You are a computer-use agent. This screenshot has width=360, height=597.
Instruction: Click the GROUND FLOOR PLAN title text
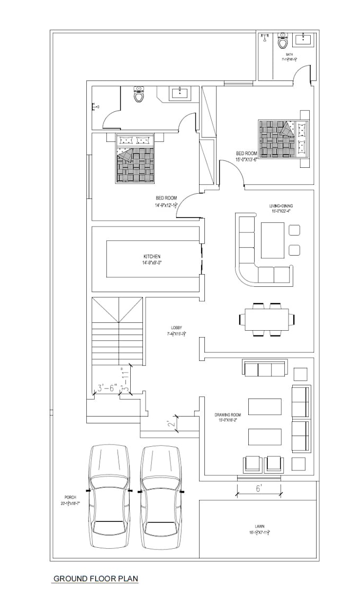click(x=96, y=578)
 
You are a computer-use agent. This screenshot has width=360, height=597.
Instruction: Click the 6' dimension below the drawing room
click(x=258, y=490)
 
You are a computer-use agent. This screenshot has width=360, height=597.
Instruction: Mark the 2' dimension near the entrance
click(x=169, y=423)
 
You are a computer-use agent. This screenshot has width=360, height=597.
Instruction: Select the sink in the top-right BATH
click(x=303, y=38)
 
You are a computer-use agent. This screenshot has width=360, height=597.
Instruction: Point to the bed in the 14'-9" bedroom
click(x=135, y=159)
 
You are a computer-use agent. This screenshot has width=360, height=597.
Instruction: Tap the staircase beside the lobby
click(x=118, y=331)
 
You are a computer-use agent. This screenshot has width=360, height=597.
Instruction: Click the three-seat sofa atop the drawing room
click(x=265, y=368)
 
